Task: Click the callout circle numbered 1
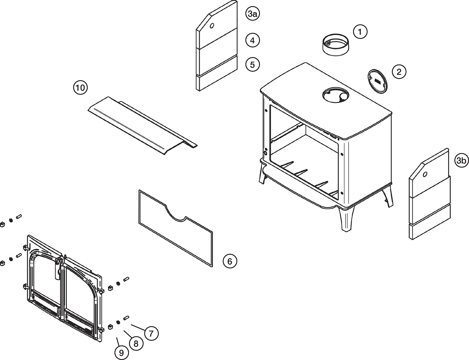[x=360, y=32]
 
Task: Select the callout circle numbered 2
[x=399, y=72]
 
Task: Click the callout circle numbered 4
[x=253, y=40]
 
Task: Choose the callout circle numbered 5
[x=253, y=64]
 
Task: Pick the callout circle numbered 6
[x=230, y=261]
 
